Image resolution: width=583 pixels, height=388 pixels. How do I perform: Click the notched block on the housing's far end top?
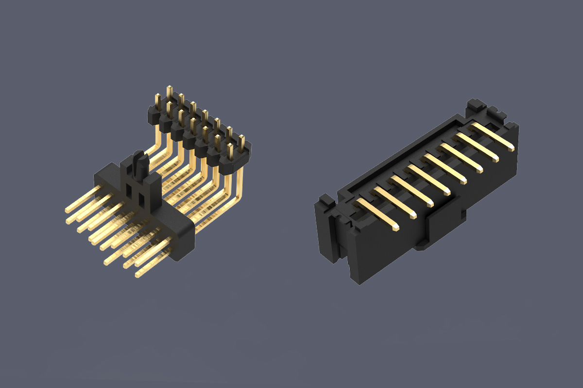tap(476, 106)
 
